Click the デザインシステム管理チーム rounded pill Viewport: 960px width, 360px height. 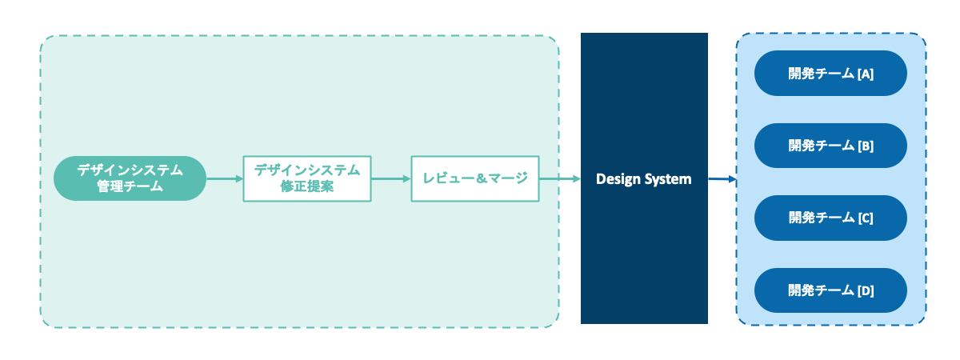pyautogui.click(x=130, y=178)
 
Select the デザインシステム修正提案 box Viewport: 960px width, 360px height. pyautogui.click(x=307, y=178)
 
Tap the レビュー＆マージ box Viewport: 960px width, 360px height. pyautogui.click(x=475, y=178)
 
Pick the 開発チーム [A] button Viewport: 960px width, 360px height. pyautogui.click(x=830, y=74)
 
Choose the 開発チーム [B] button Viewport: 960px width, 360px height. pyautogui.click(x=830, y=146)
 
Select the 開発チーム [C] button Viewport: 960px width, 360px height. pyautogui.click(x=830, y=218)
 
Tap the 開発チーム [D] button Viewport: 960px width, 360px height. pyautogui.click(x=830, y=290)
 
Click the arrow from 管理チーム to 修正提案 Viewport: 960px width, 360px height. pyautogui.click(x=225, y=178)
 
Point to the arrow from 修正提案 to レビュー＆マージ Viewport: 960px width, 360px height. pyautogui.click(x=391, y=178)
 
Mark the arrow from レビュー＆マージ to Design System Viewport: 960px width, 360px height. pyautogui.click(x=560, y=178)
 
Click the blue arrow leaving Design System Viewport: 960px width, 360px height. pyautogui.click(x=722, y=178)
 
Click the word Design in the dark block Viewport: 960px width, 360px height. pyautogui.click(x=618, y=179)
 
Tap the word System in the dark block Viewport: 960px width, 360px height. pyautogui.click(x=667, y=179)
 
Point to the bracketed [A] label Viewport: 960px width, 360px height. pyautogui.click(x=865, y=74)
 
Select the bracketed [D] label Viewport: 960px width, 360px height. pyautogui.click(x=865, y=290)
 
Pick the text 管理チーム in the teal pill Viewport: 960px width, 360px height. pyautogui.click(x=130, y=186)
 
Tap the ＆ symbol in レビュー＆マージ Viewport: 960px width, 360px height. pyautogui.click(x=482, y=178)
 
